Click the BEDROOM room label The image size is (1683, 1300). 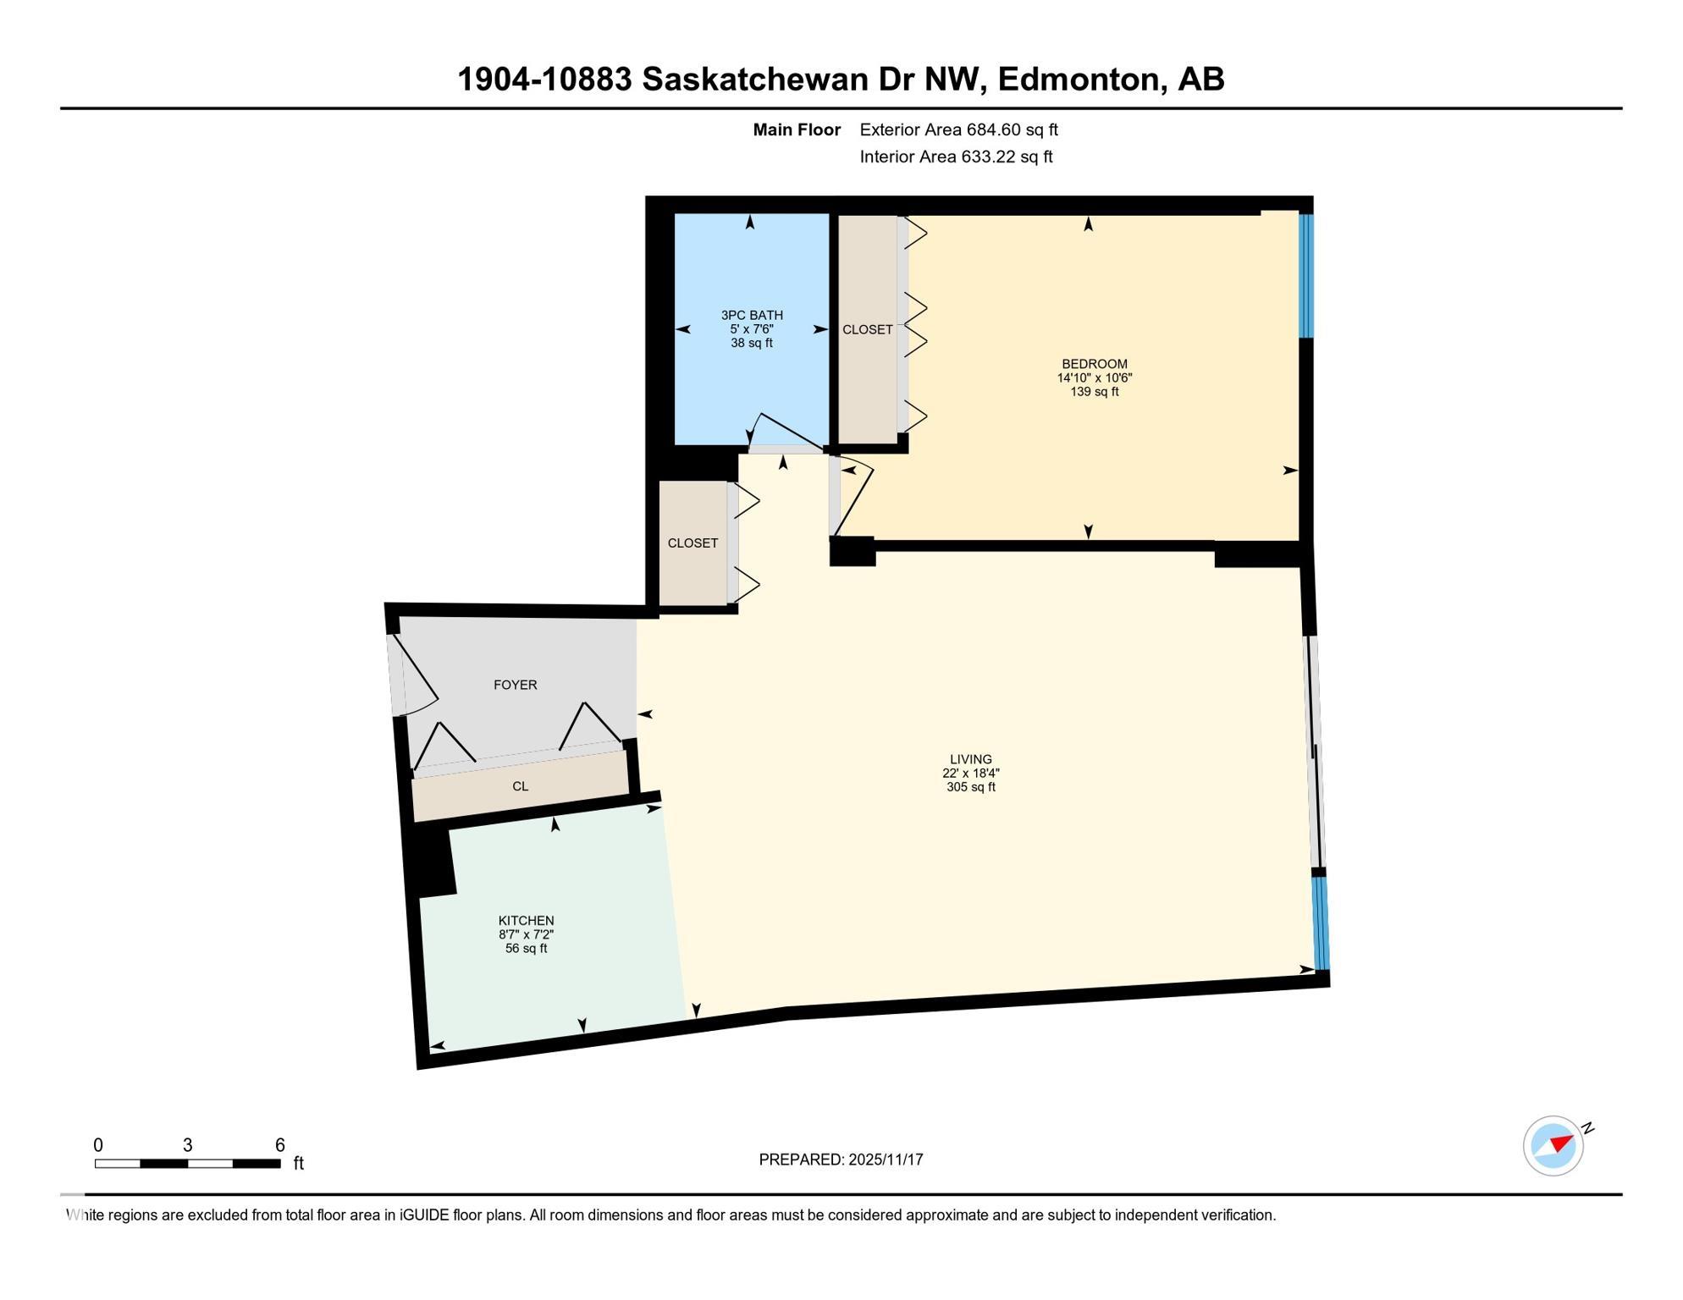click(x=1095, y=364)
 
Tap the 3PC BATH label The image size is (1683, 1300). click(x=752, y=315)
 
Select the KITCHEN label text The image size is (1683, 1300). click(x=526, y=921)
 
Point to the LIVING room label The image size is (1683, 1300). click(x=970, y=759)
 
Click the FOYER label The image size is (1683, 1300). click(x=515, y=685)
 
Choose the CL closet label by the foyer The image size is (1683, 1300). click(x=520, y=786)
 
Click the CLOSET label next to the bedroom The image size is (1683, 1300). click(x=867, y=329)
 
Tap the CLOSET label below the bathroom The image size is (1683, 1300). click(x=693, y=543)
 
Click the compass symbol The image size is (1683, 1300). click(x=1553, y=1146)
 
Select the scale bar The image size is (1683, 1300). click(x=187, y=1164)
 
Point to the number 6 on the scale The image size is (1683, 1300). click(x=280, y=1145)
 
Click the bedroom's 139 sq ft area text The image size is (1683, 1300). click(x=1095, y=392)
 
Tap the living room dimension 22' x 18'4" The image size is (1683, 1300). click(x=971, y=773)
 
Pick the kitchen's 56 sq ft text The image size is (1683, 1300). click(x=526, y=949)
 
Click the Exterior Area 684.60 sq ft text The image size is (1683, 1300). click(x=958, y=129)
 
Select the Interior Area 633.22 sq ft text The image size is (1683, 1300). click(x=956, y=157)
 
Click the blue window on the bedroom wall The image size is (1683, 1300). click(x=1306, y=276)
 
